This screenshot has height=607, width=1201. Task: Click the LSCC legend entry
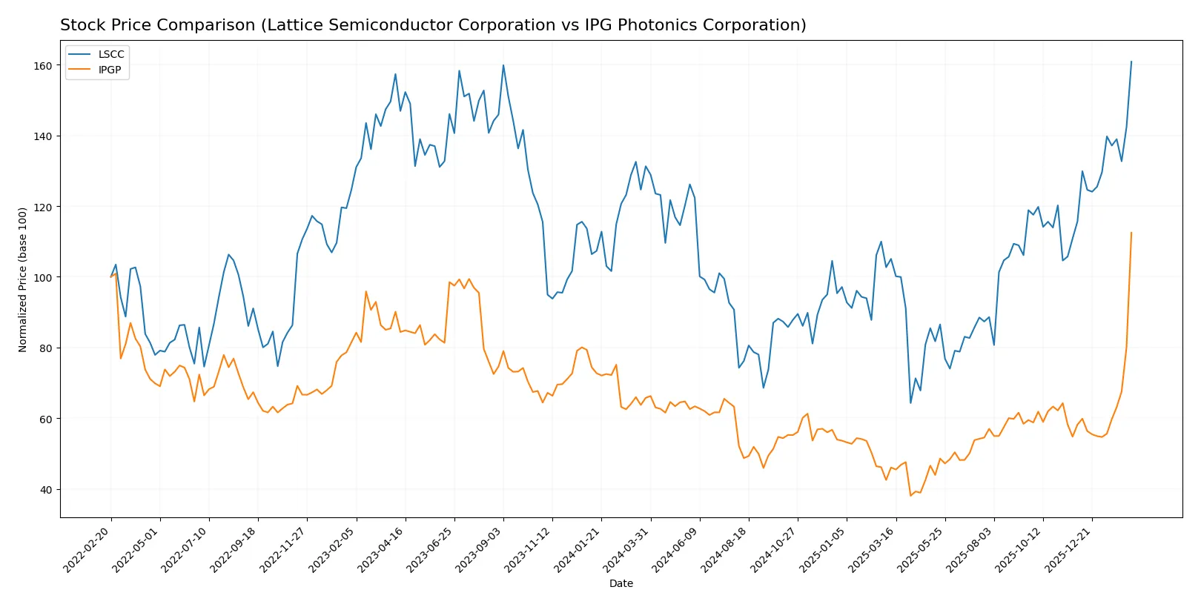(110, 55)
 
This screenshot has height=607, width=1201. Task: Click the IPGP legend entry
(109, 70)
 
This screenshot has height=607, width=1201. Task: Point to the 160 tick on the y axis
(43, 66)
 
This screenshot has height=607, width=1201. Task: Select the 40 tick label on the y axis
(46, 490)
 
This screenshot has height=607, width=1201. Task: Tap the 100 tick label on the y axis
(43, 278)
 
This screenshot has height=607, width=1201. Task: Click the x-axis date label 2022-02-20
(87, 550)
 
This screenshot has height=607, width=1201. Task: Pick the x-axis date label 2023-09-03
(480, 550)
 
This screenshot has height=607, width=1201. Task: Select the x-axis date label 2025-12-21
(1068, 550)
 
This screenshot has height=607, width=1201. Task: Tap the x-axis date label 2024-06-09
(676, 550)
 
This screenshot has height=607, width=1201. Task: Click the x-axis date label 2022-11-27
(283, 550)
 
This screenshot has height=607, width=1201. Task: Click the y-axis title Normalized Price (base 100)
(23, 279)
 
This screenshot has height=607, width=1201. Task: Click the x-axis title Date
(621, 584)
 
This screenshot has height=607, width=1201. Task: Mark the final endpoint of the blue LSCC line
(1131, 62)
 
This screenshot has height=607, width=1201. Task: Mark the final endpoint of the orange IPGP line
(1131, 233)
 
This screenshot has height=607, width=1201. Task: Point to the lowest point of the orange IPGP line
(910, 495)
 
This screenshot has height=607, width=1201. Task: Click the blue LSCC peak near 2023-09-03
(503, 65)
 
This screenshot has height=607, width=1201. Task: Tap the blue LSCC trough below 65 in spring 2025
(910, 403)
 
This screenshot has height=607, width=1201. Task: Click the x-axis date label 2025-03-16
(872, 550)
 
